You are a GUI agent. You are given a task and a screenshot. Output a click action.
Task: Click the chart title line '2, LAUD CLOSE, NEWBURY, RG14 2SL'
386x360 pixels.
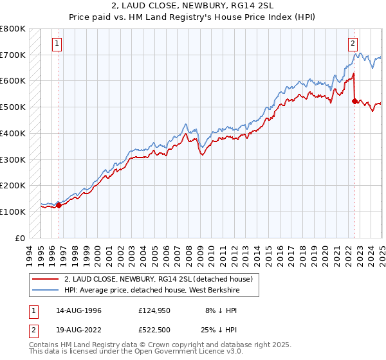pos(193,6)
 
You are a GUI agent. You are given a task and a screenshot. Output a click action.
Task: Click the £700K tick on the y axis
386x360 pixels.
pos(13,55)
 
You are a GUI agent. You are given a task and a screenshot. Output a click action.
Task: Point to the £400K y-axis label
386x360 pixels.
pos(13,133)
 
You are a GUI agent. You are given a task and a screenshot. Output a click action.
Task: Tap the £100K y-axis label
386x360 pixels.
pos(13,212)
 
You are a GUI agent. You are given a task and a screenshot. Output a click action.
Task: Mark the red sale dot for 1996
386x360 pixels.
pos(59,205)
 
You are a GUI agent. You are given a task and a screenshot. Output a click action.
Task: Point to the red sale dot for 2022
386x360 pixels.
pos(354,101)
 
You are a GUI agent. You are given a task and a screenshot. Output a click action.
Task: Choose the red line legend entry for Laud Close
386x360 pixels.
pos(161,279)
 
